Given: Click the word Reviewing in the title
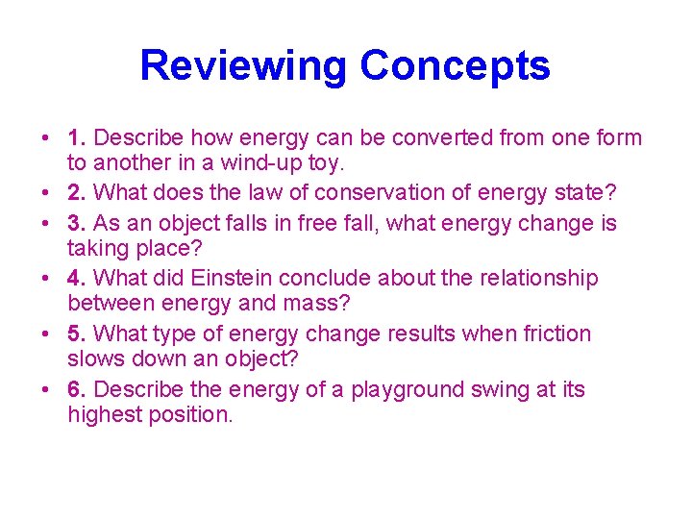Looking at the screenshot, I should click(x=243, y=66).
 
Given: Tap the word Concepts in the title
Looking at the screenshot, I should click(x=455, y=66).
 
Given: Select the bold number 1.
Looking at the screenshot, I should click(x=77, y=137).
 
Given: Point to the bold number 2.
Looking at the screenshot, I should click(x=77, y=193).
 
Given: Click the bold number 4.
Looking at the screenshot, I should click(x=77, y=278).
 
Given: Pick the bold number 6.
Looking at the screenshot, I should click(x=77, y=389).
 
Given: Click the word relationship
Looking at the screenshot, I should click(x=534, y=278).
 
